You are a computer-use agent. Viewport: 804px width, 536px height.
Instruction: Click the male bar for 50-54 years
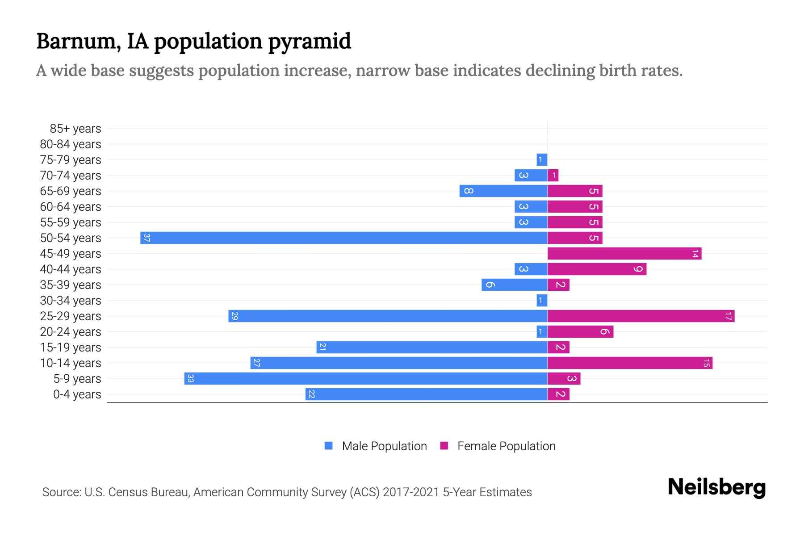coord(344,238)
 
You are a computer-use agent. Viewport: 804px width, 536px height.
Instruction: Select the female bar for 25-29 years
coord(641,316)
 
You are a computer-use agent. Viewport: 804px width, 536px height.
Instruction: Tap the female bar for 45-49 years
coord(624,254)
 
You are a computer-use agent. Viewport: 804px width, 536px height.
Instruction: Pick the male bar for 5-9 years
coord(366,379)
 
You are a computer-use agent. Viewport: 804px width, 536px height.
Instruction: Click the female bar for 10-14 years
coord(630,363)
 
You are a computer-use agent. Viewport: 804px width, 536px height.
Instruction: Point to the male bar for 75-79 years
coord(542,159)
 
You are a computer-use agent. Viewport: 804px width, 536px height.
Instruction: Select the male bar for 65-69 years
coord(503,191)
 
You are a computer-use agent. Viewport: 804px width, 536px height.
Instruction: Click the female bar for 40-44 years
coord(597,269)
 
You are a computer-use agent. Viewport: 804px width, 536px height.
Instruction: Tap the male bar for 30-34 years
coord(542,301)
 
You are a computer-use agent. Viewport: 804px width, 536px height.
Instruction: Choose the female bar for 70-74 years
coord(553,176)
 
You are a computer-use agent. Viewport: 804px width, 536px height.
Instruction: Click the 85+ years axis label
coord(75,129)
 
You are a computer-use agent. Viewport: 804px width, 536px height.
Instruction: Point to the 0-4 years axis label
coord(77,394)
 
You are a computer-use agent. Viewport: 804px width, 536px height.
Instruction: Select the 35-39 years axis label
coord(71,285)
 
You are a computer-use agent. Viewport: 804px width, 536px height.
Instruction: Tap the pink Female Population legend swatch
coord(444,446)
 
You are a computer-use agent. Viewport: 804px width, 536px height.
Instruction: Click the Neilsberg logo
coord(716,487)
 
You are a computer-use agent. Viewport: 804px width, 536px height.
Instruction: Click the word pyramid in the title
coord(310,41)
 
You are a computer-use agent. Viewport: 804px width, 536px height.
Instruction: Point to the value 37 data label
coord(147,238)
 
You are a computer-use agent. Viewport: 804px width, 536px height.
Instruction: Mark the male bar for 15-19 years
coord(432,348)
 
